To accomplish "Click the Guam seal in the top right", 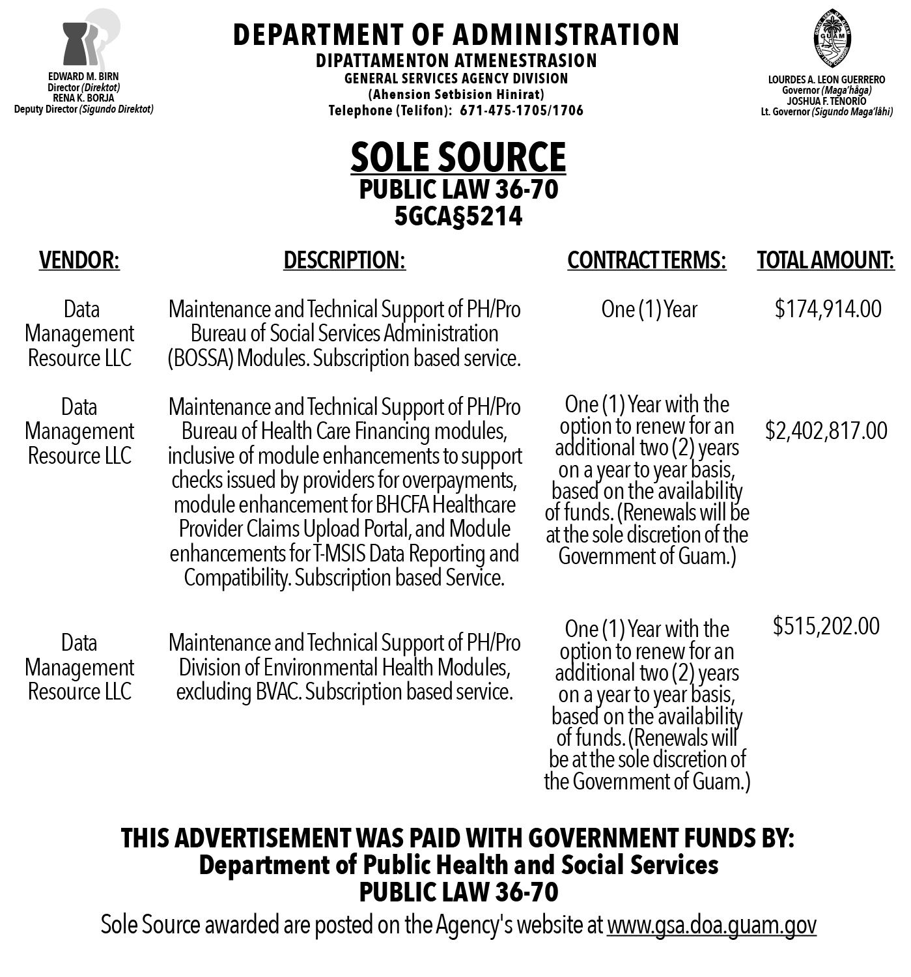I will click(832, 40).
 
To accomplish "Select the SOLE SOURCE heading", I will click(458, 157).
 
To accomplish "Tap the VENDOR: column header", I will click(79, 260).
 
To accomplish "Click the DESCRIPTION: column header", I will click(344, 260).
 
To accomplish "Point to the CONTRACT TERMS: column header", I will click(647, 260).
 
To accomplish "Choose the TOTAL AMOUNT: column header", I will click(826, 260).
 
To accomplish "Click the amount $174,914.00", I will click(828, 309).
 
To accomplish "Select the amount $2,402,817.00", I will click(826, 431).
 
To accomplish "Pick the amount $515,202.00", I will click(826, 626).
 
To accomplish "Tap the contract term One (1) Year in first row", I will click(649, 309).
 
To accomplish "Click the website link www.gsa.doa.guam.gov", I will click(711, 925).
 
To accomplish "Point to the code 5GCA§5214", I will click(458, 216).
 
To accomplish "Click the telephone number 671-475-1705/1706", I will click(522, 111).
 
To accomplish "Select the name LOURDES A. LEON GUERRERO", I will click(826, 80).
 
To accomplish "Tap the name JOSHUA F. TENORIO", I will click(826, 101).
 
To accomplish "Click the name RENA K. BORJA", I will click(83, 98).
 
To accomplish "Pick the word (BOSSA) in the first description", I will click(201, 358).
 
